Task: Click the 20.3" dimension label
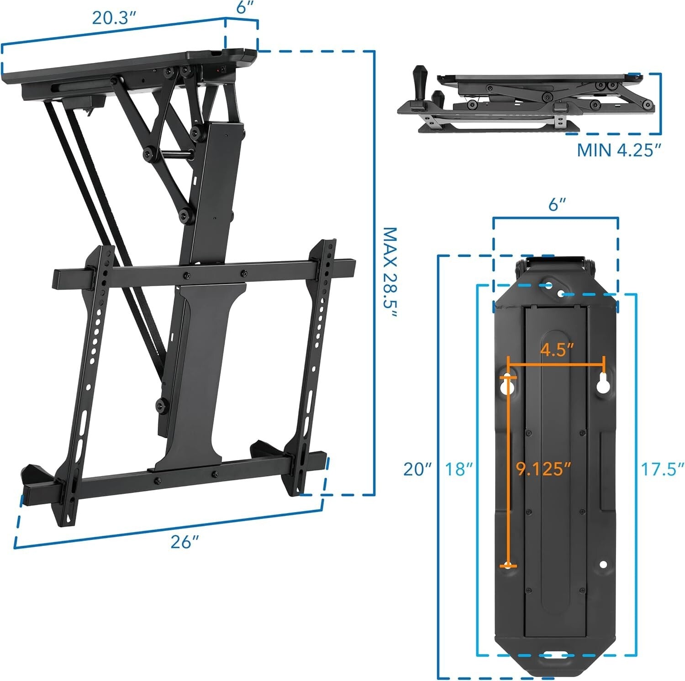[114, 17]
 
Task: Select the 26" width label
[185, 542]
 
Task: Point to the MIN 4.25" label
[619, 150]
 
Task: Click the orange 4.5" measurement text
[557, 350]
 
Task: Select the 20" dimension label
[417, 469]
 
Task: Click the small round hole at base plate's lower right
[603, 565]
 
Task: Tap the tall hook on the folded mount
[419, 84]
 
